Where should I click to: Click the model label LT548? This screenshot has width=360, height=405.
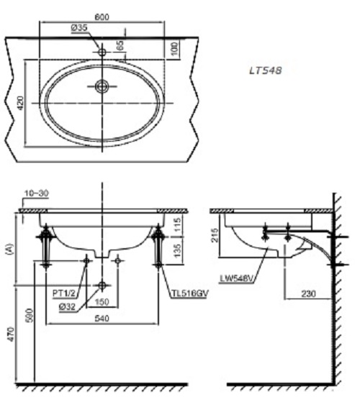[x=264, y=70]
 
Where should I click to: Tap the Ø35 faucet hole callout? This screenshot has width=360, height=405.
[x=79, y=28]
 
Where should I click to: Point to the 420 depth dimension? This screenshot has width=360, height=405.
[x=21, y=104]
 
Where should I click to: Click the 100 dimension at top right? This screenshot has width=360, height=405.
[x=176, y=48]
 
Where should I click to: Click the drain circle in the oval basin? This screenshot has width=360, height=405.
[x=102, y=87]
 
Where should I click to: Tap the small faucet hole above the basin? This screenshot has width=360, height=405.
[x=102, y=52]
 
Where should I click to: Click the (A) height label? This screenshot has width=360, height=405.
[x=9, y=250]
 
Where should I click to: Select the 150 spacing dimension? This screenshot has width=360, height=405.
[x=103, y=303]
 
